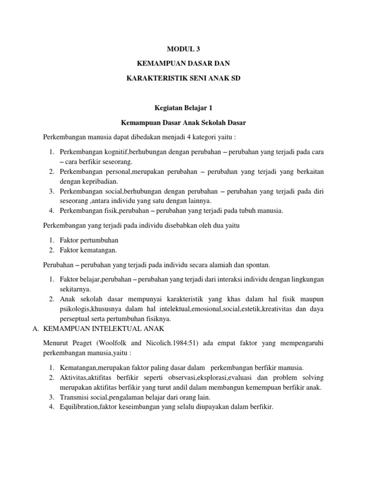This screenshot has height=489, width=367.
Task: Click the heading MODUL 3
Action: click(183, 48)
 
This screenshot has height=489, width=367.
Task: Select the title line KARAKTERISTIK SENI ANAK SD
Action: click(183, 78)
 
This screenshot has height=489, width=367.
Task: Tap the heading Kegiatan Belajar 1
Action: click(183, 108)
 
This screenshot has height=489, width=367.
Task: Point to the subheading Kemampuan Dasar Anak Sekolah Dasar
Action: click(183, 123)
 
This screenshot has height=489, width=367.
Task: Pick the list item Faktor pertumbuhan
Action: click(88, 240)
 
